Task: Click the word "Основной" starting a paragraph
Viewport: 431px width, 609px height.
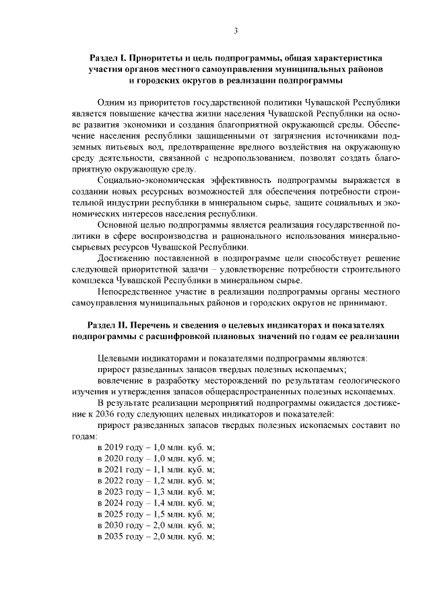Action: [117, 225]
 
